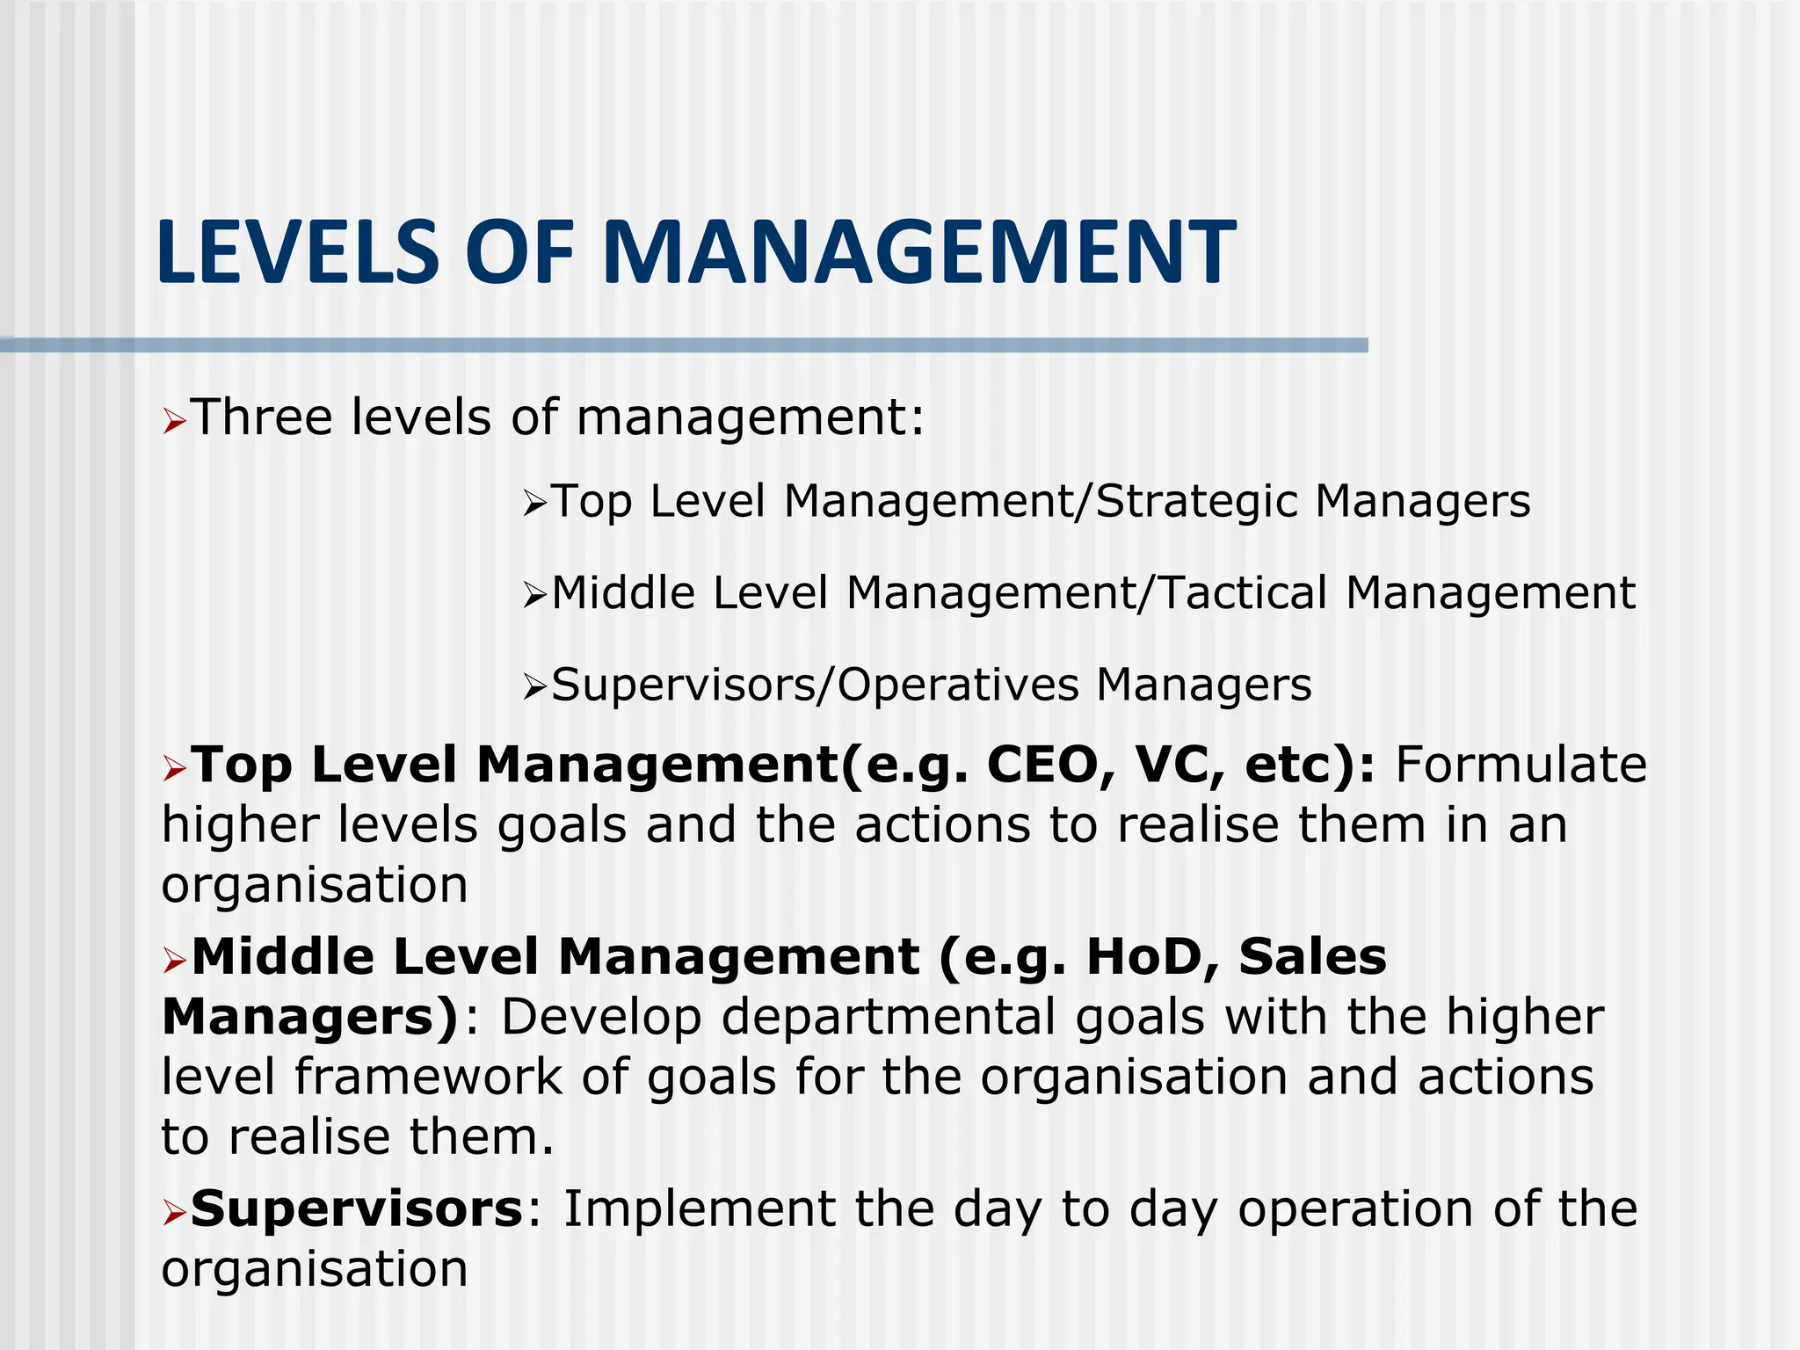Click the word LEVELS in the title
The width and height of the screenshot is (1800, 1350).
pyautogui.click(x=297, y=253)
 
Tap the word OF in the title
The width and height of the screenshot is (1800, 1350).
pyautogui.click(x=519, y=253)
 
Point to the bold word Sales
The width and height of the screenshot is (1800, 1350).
pyautogui.click(x=1312, y=956)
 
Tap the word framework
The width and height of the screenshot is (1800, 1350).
pyautogui.click(x=427, y=1078)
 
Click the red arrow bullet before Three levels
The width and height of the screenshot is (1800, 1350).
pyautogui.click(x=174, y=423)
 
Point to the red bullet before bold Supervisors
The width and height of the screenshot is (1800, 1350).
pyautogui.click(x=174, y=1215)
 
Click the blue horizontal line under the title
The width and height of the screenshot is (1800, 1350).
pyautogui.click(x=684, y=345)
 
